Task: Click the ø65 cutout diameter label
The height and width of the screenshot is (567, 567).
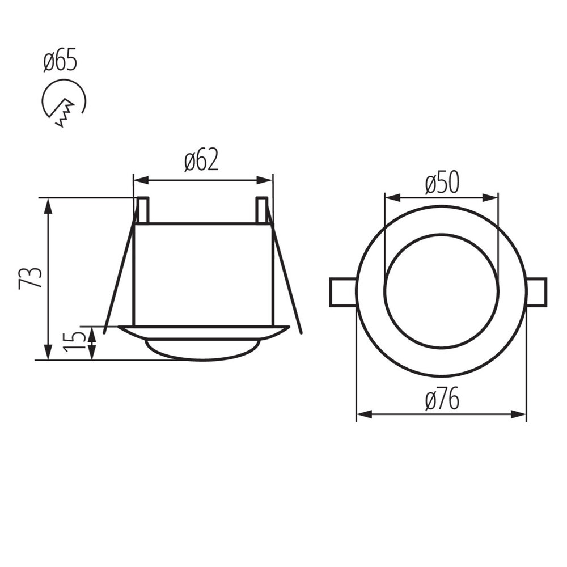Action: click(60, 61)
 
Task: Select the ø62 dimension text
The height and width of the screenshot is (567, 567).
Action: click(201, 161)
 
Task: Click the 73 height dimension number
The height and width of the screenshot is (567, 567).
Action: click(31, 278)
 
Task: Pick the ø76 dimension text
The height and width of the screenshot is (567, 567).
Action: click(442, 401)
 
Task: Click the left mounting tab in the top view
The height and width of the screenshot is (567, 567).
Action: click(343, 292)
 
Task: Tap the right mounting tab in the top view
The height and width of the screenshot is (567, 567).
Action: click(536, 292)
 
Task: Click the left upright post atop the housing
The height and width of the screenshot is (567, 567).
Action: click(143, 210)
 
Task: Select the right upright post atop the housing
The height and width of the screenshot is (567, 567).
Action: click(261, 210)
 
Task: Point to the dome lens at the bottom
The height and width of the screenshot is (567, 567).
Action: click(203, 349)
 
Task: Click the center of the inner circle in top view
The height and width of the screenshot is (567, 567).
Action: click(441, 291)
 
